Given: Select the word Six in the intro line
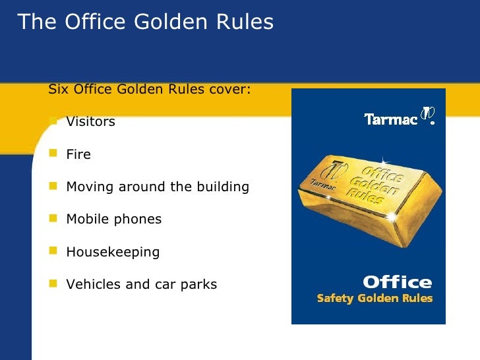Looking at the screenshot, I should (58, 90).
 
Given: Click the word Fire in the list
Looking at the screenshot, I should (78, 154).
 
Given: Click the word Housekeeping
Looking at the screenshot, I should (113, 252).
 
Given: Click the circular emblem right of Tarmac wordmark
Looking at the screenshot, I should (429, 116).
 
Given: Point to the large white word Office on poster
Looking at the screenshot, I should (397, 283).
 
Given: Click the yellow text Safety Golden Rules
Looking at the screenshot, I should (375, 299).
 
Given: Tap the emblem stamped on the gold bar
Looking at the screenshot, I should (338, 167).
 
